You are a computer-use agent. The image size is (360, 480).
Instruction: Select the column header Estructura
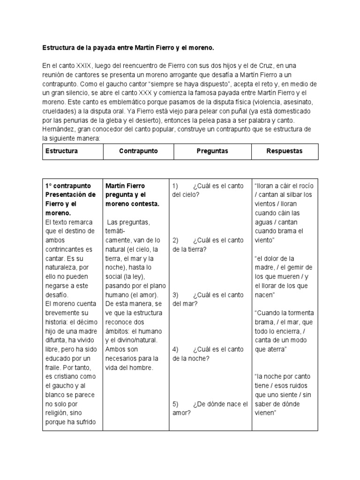tap(61, 151)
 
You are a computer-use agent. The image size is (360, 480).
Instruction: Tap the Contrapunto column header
tap(138, 151)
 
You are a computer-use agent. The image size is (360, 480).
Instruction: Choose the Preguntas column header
tap(212, 151)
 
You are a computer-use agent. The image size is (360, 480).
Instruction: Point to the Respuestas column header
tap(284, 151)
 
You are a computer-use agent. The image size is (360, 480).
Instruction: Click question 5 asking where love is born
tap(209, 409)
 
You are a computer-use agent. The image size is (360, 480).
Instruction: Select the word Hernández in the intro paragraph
tap(58, 129)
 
